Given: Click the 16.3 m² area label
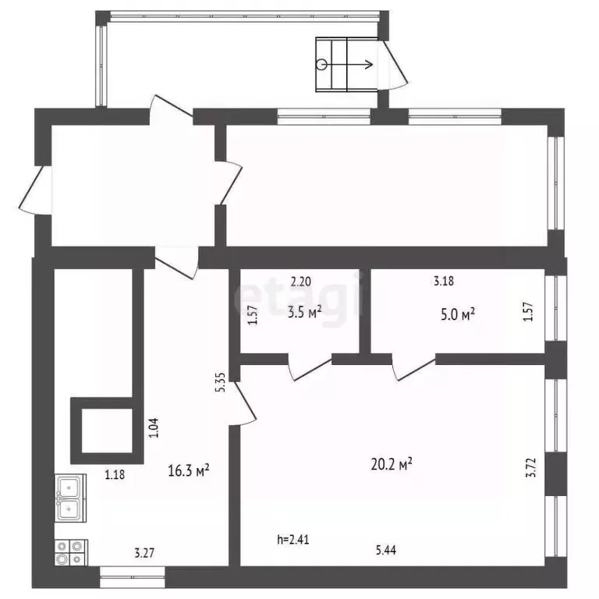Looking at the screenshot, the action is tap(188, 470).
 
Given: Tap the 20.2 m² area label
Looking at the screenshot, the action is tap(392, 465).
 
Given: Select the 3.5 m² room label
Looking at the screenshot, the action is tap(304, 312).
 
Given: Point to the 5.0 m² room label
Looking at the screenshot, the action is tap(458, 315).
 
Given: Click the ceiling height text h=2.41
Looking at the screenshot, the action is tap(293, 540).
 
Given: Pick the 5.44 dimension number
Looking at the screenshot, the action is tap(386, 550).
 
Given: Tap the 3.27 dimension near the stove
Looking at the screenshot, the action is tap(144, 553).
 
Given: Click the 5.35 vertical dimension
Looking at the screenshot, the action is tap(222, 382).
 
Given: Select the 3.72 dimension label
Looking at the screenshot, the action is tap(531, 468).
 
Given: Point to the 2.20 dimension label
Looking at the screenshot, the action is tap(300, 282).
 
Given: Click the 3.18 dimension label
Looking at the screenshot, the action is tap(444, 281).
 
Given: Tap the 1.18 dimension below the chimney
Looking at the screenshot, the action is tap(115, 474).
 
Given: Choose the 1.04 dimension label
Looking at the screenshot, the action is tap(153, 428).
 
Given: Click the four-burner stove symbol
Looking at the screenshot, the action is tap(71, 552).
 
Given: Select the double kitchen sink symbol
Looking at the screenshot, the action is tap(70, 498).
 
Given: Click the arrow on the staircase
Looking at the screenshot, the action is tap(347, 65).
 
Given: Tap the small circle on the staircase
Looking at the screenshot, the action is tap(321, 65).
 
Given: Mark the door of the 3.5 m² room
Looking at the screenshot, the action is tap(310, 369).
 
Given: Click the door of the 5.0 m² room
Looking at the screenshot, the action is tap(413, 369).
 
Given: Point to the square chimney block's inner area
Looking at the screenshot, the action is tap(107, 431).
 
